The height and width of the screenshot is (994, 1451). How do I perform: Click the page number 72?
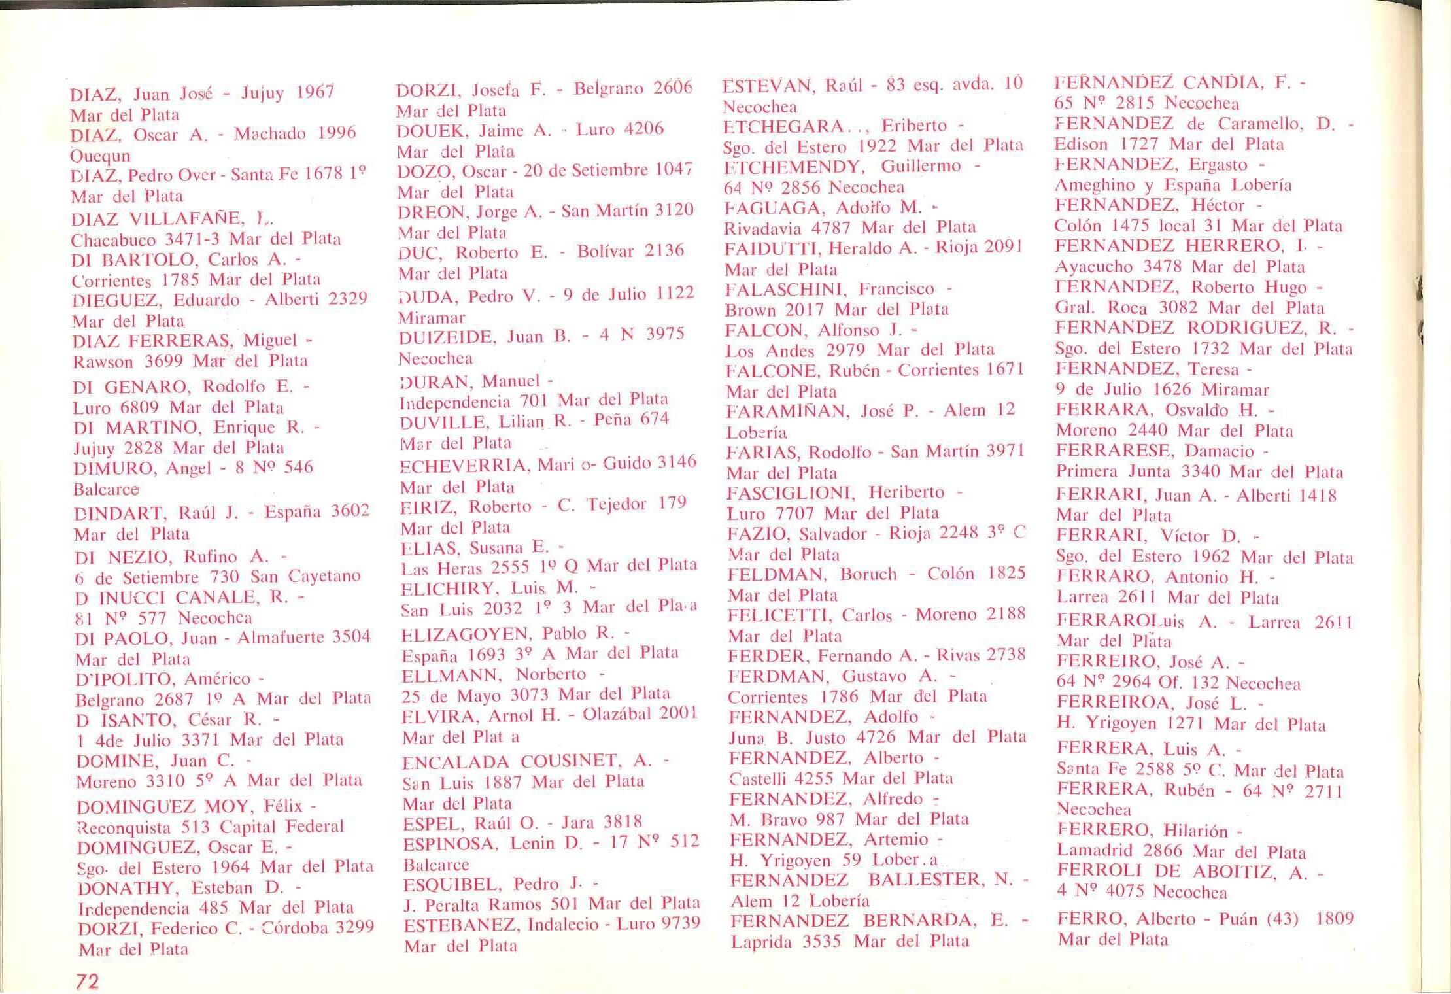point(87,981)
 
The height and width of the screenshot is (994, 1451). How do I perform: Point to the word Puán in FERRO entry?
point(1238,919)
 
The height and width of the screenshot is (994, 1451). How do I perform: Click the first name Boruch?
point(868,574)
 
